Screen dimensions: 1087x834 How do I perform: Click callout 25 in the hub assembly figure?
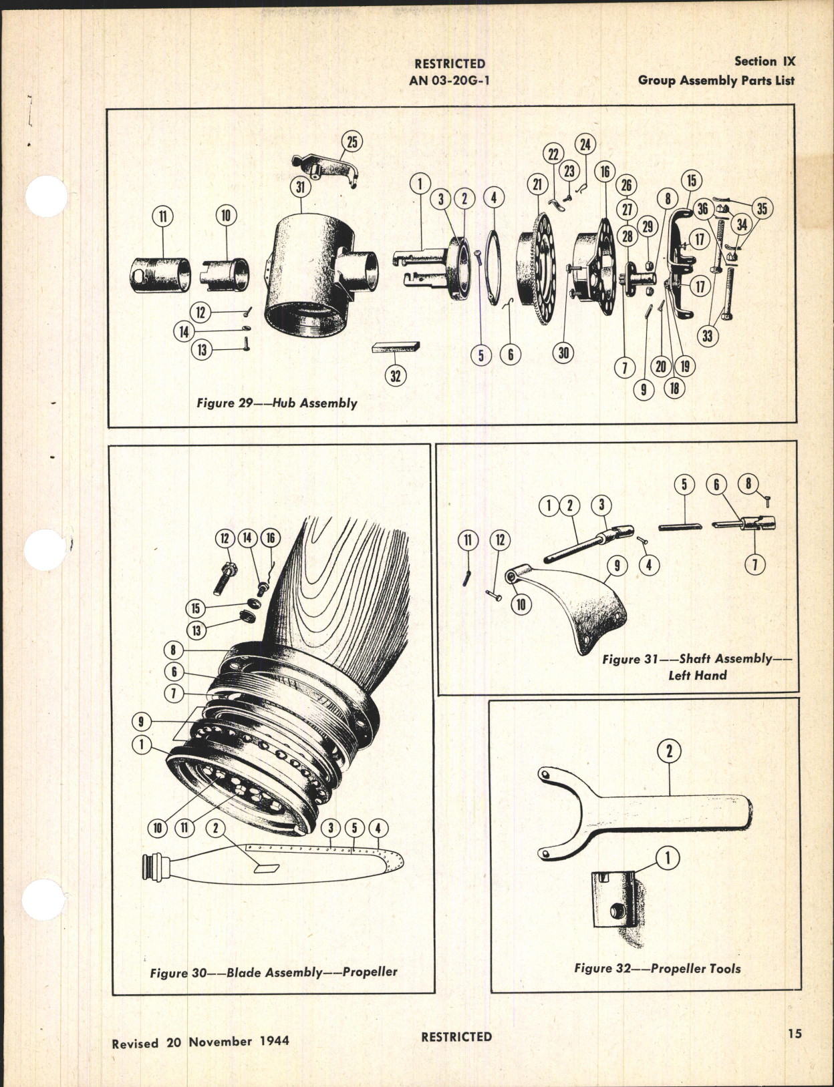click(x=352, y=142)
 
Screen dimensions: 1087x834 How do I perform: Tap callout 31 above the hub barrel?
click(x=300, y=187)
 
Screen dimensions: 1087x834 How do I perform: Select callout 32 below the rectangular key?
click(x=395, y=376)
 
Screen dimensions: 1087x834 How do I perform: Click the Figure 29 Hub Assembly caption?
click(x=277, y=403)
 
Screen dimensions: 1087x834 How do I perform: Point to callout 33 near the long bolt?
click(x=707, y=336)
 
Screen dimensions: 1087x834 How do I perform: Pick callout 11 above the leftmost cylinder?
click(x=162, y=216)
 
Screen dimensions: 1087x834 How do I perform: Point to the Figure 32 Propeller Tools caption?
click(x=657, y=968)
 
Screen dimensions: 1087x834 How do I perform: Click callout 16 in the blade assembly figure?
click(x=271, y=538)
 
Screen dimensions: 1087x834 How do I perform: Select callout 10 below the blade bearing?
click(x=158, y=828)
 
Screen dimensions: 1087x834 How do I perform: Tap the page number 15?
click(x=794, y=1034)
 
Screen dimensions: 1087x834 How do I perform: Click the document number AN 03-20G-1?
click(x=449, y=79)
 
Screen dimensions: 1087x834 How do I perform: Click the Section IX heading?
click(x=764, y=61)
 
